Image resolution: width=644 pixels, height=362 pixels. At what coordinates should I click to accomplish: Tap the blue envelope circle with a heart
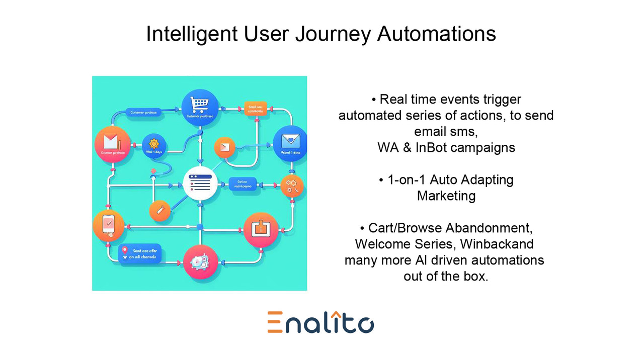click(290, 143)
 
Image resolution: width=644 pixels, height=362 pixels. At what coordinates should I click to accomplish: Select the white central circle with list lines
click(200, 184)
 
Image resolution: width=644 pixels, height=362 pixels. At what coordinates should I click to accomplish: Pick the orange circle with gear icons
click(292, 186)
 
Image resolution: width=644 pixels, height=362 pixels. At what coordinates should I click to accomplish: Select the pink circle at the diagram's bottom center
click(200, 262)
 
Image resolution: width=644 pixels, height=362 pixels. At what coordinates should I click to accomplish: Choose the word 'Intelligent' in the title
click(191, 34)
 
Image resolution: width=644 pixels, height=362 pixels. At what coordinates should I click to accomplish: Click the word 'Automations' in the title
click(436, 34)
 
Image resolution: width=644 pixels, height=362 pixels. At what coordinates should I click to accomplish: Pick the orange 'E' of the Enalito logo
click(275, 322)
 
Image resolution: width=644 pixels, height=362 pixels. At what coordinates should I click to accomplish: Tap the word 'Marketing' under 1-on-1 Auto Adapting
click(446, 196)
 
